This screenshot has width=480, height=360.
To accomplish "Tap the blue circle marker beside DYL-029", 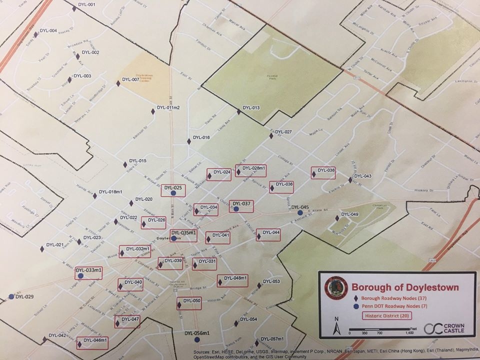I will pos(11,296).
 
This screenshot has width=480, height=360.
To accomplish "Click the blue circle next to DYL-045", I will pos(300,212).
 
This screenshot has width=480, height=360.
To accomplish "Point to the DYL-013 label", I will pos(251,108).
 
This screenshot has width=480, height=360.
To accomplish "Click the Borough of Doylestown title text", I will pos(405,287).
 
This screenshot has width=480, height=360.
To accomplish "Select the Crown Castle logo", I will pos(443,328).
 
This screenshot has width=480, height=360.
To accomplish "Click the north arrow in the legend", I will pos(337,327).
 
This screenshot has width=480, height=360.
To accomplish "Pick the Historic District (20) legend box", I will pos(384,315).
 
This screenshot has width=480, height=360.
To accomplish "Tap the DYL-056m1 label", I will pos(196,333).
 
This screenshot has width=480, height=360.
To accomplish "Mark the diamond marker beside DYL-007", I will pos(118,83).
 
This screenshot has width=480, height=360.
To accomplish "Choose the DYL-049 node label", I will pos(350,214).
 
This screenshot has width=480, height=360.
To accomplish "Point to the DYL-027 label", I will pos(283,132).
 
